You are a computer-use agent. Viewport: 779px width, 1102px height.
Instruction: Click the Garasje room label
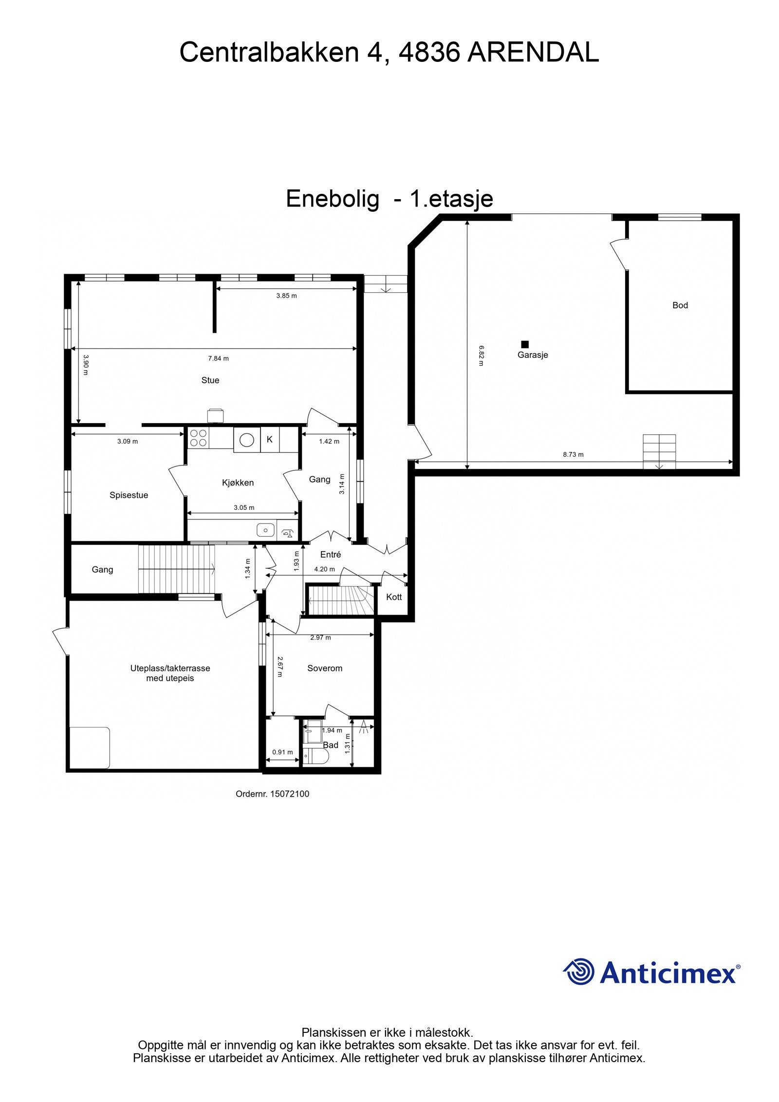point(533,355)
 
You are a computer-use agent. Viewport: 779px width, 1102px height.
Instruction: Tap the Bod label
point(680,305)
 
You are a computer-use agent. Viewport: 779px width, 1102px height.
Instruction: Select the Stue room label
point(210,380)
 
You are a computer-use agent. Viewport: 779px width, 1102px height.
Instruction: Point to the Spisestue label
point(129,495)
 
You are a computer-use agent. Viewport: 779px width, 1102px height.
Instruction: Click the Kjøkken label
point(238,483)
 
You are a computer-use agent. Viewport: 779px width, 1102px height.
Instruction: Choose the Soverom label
point(325,668)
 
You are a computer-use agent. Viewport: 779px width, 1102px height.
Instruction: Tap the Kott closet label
point(394,597)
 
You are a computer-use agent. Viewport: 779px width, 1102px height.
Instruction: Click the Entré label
point(331,554)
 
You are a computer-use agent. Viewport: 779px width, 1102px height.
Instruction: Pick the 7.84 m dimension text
point(218,358)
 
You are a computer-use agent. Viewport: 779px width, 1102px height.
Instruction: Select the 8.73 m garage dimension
point(573,454)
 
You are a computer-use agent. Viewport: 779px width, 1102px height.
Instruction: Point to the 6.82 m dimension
point(481,355)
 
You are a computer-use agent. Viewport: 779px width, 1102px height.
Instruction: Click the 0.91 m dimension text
point(282,752)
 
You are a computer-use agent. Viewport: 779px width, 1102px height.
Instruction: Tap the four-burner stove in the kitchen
point(198,438)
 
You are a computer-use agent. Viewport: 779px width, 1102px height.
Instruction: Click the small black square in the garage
point(525,344)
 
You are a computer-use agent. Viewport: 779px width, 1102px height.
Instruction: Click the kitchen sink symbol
point(266,529)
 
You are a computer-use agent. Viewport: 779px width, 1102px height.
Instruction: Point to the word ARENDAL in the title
point(533,53)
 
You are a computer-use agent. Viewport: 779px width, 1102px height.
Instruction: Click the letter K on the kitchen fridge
point(270,439)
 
